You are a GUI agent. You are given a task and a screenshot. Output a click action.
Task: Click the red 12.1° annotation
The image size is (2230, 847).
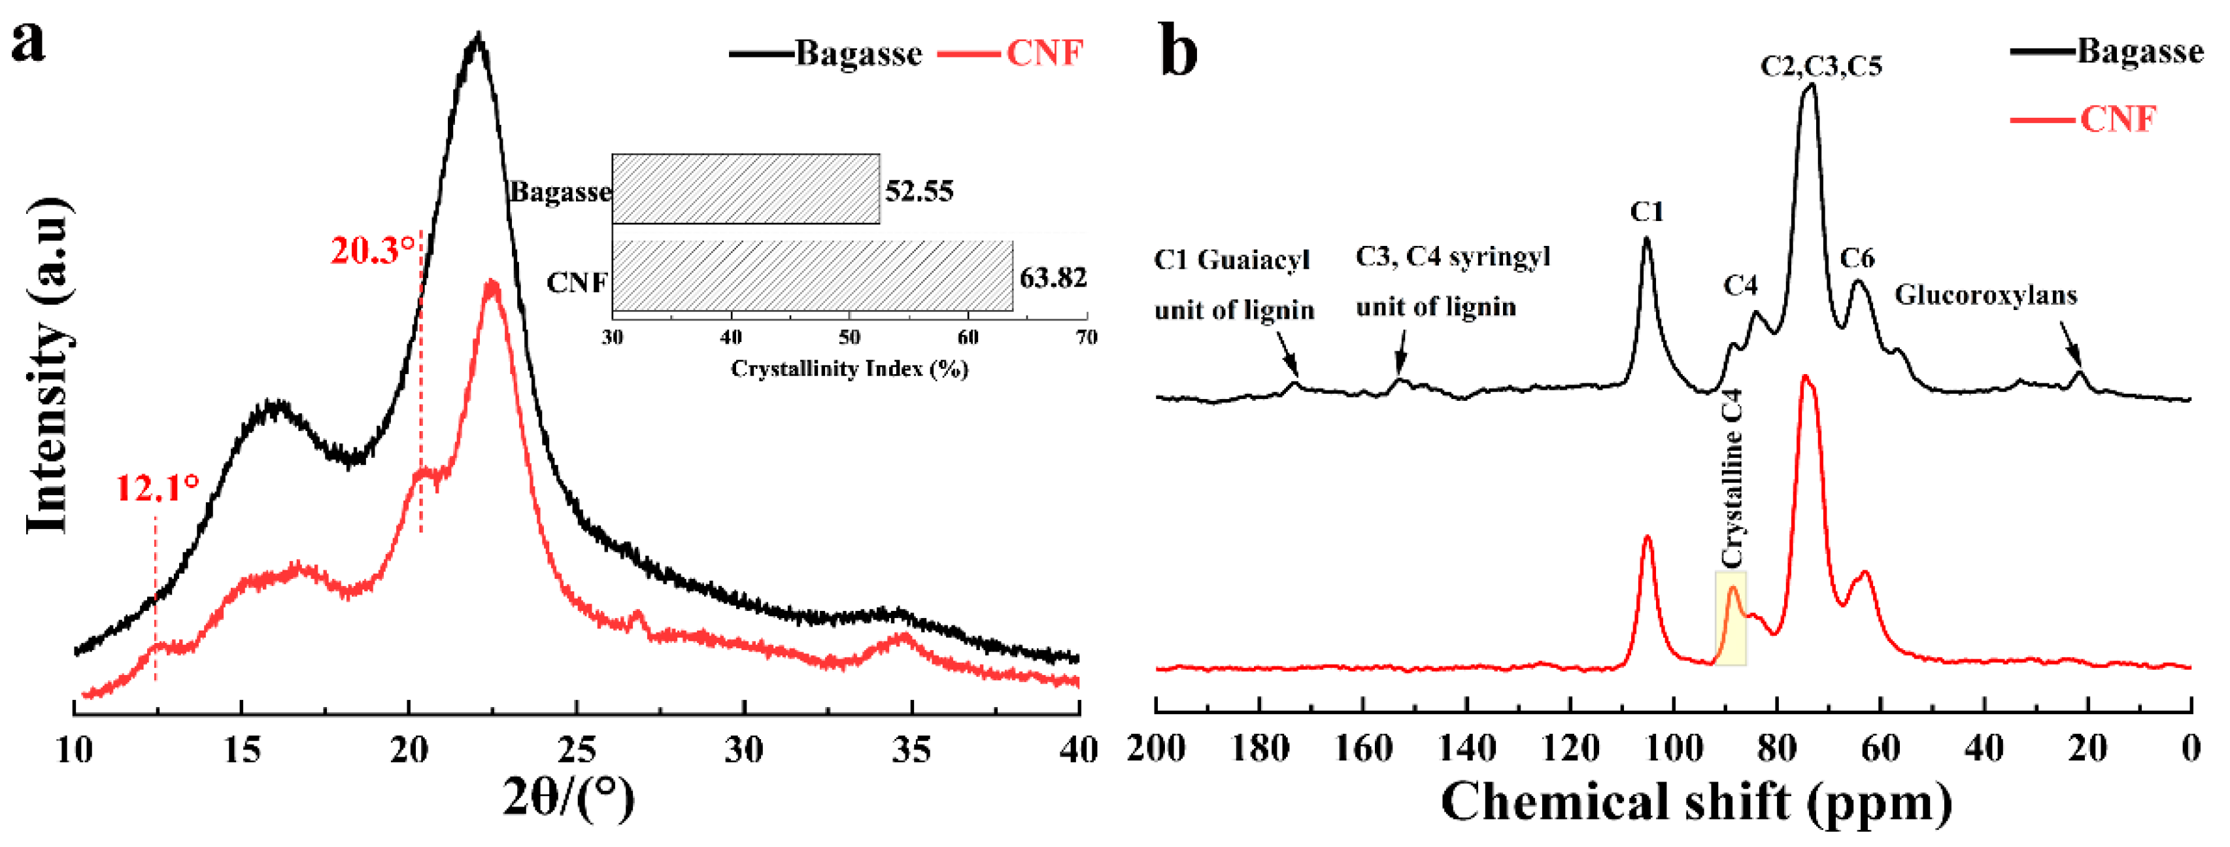pyautogui.click(x=158, y=489)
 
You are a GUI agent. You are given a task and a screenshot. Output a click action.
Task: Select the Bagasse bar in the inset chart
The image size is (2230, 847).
pyautogui.click(x=745, y=189)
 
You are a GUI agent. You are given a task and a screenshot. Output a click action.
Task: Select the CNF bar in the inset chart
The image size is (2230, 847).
pyautogui.click(x=812, y=276)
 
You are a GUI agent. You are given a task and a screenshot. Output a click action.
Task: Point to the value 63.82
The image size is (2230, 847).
pyautogui.click(x=1052, y=278)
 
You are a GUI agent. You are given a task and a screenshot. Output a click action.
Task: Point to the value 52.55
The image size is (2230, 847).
pyautogui.click(x=919, y=190)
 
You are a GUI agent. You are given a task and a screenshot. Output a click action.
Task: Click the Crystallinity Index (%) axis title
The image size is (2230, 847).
pyautogui.click(x=849, y=369)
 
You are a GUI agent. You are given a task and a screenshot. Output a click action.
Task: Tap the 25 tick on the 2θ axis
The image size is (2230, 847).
pyautogui.click(x=577, y=749)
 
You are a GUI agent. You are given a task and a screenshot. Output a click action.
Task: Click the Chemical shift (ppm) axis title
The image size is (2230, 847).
pyautogui.click(x=1696, y=801)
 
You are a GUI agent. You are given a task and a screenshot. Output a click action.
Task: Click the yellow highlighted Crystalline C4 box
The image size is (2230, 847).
pyautogui.click(x=1731, y=618)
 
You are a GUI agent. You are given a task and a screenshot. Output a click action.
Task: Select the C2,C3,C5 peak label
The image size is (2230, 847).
pyautogui.click(x=1821, y=66)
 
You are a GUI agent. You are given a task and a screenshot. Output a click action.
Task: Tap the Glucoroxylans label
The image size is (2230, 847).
pyautogui.click(x=1986, y=296)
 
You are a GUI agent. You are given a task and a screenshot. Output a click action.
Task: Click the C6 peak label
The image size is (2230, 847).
pyautogui.click(x=1857, y=258)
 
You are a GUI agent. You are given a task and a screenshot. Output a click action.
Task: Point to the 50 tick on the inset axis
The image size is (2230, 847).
pyautogui.click(x=849, y=337)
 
